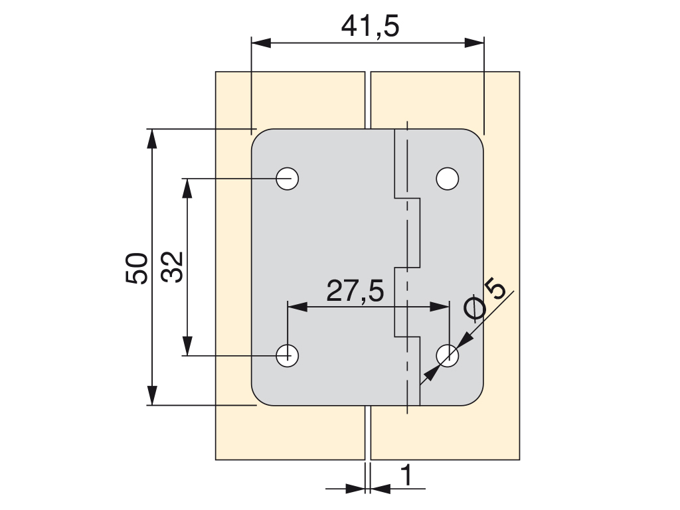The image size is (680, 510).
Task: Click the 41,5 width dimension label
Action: (x=370, y=27)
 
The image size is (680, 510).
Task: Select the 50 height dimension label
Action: (x=136, y=268)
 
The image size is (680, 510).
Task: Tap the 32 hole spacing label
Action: (x=172, y=267)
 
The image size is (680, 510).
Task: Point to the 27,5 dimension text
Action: (x=355, y=291)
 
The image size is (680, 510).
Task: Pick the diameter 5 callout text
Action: (x=484, y=299)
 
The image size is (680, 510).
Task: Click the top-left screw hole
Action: (x=287, y=178)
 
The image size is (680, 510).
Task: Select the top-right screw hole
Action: (x=447, y=178)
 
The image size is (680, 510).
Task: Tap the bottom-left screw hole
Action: (x=287, y=356)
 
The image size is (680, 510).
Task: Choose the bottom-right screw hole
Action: (x=447, y=356)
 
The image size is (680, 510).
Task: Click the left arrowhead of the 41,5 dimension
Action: (x=261, y=43)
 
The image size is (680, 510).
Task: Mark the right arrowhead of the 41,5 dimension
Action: (x=474, y=43)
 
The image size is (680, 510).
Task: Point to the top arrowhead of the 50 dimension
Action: (x=151, y=139)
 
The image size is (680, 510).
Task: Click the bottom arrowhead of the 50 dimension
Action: (x=151, y=395)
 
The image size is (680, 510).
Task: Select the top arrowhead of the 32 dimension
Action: (x=187, y=188)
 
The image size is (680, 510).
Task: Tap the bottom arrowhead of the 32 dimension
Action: (x=187, y=346)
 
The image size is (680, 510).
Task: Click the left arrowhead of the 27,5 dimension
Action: (x=297, y=307)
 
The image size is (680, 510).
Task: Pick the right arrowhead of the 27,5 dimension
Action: (x=440, y=307)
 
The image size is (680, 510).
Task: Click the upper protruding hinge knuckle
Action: (x=407, y=232)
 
